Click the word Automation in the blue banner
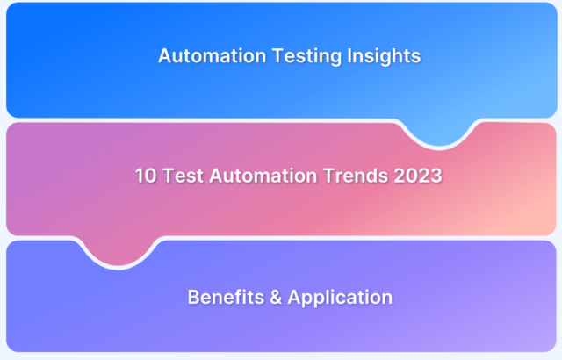tap(213, 56)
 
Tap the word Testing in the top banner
tap(306, 56)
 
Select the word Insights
tap(384, 56)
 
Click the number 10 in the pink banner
tap(146, 176)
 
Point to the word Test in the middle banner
tap(183, 176)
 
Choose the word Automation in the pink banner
tap(263, 176)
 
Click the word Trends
tap(355, 176)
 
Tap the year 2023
tap(418, 176)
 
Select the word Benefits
tap(226, 297)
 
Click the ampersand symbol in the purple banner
tap(276, 298)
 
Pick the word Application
tap(340, 298)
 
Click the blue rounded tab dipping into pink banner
tap(439, 133)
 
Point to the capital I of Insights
tap(349, 56)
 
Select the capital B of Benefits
tap(194, 298)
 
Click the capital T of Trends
tap(329, 176)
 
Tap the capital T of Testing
tap(278, 56)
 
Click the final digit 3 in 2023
tap(436, 176)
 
